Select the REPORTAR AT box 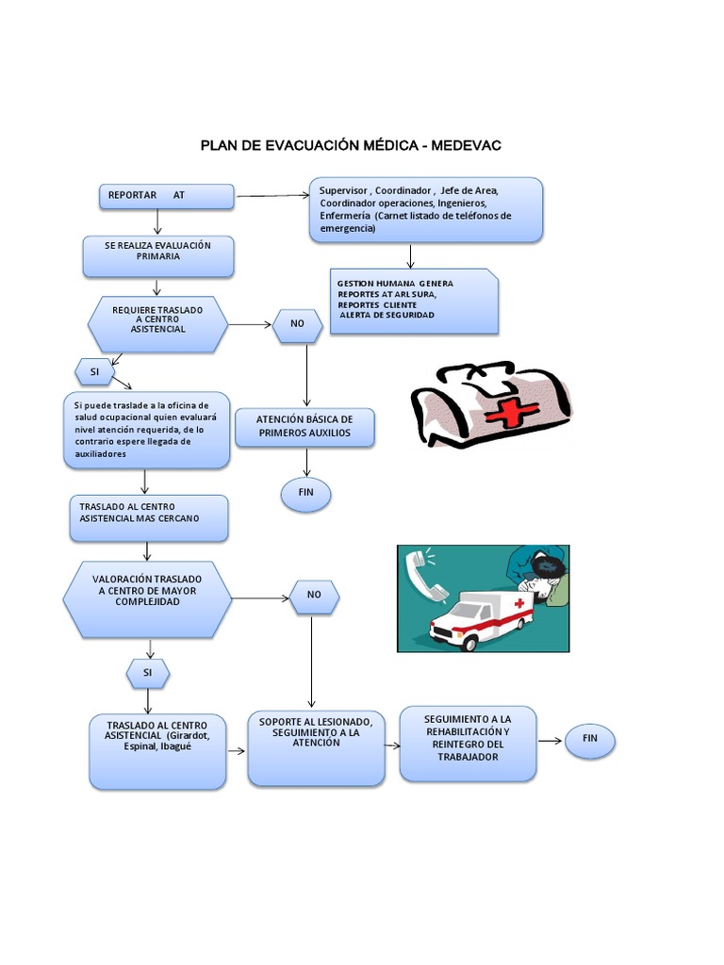[x=167, y=196]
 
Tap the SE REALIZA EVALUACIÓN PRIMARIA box [x=157, y=256]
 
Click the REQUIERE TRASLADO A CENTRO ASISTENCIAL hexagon [x=157, y=324]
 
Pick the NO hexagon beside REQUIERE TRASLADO [x=298, y=324]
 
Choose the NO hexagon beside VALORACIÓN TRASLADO [x=313, y=595]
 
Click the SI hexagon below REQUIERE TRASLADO [x=94, y=372]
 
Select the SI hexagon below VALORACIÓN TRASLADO [x=148, y=674]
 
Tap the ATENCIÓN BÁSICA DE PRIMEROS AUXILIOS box [x=304, y=427]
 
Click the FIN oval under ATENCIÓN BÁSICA [x=306, y=493]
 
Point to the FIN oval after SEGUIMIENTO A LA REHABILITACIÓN [x=590, y=740]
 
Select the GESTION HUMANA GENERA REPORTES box [x=416, y=301]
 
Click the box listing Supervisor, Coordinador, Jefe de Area [x=425, y=209]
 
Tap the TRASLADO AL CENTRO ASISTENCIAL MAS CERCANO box [x=148, y=517]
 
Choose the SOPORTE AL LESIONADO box [x=316, y=748]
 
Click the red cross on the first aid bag [x=509, y=413]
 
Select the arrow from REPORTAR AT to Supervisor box [x=273, y=196]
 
